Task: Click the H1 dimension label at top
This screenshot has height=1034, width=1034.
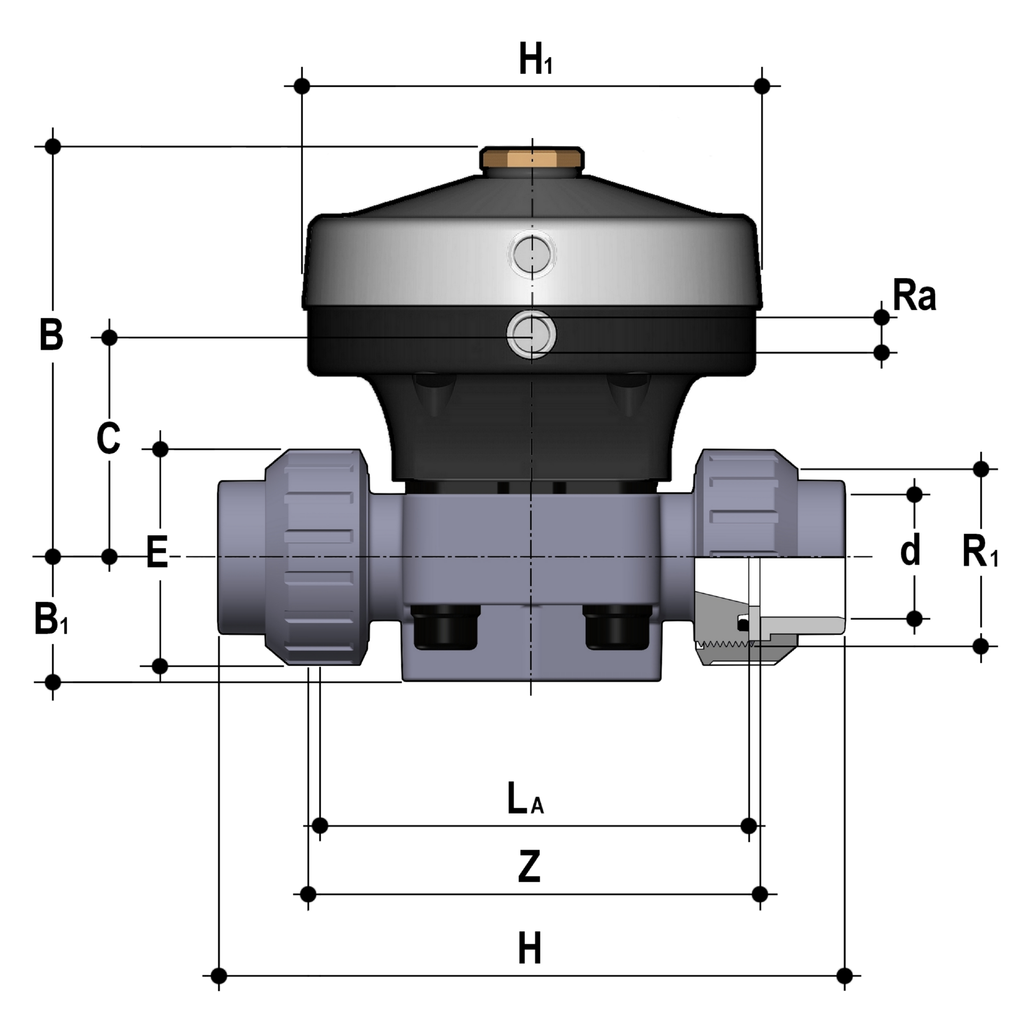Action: (x=536, y=60)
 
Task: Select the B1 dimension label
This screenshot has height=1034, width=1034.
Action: (x=51, y=619)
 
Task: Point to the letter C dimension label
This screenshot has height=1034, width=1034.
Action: (x=108, y=438)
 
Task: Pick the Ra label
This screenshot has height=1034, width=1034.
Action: (x=914, y=296)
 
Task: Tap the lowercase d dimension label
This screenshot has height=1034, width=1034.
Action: (x=910, y=549)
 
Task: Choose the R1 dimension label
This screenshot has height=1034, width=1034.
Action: (x=979, y=552)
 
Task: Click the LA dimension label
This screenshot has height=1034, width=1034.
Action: (x=525, y=799)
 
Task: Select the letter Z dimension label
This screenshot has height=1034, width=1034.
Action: (x=529, y=867)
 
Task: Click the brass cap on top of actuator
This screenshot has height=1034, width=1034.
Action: (x=532, y=159)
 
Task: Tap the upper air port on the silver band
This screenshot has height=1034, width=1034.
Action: (x=531, y=253)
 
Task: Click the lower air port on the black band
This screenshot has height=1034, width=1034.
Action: (x=531, y=335)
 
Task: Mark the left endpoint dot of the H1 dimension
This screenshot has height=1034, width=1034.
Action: (x=302, y=86)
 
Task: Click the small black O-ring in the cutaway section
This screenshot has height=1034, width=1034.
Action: (x=742, y=624)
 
